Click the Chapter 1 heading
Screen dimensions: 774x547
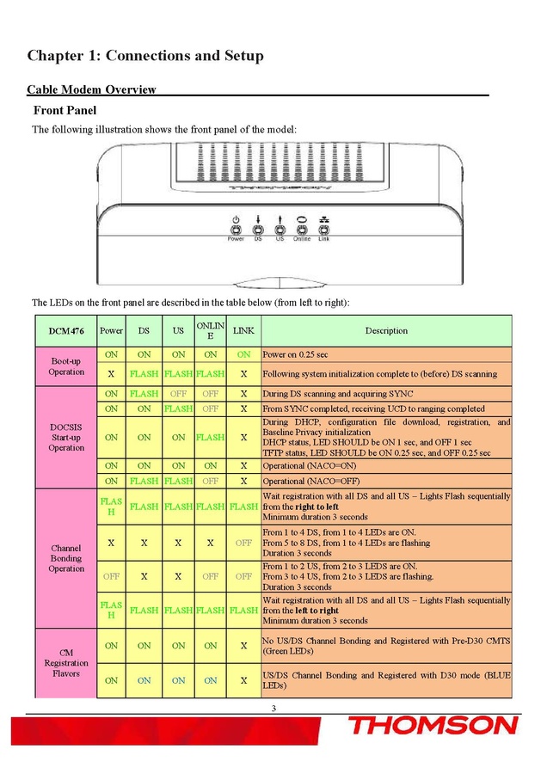click(145, 56)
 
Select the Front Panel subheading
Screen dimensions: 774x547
click(65, 110)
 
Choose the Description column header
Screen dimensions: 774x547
click(386, 330)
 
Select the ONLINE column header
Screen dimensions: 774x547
click(211, 330)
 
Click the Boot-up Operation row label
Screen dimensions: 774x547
click(66, 366)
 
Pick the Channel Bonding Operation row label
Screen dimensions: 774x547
click(66, 557)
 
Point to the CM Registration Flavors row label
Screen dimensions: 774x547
click(66, 663)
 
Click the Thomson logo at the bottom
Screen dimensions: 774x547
click(432, 725)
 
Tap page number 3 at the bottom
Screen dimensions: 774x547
click(273, 708)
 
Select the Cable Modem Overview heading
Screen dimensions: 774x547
click(91, 89)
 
